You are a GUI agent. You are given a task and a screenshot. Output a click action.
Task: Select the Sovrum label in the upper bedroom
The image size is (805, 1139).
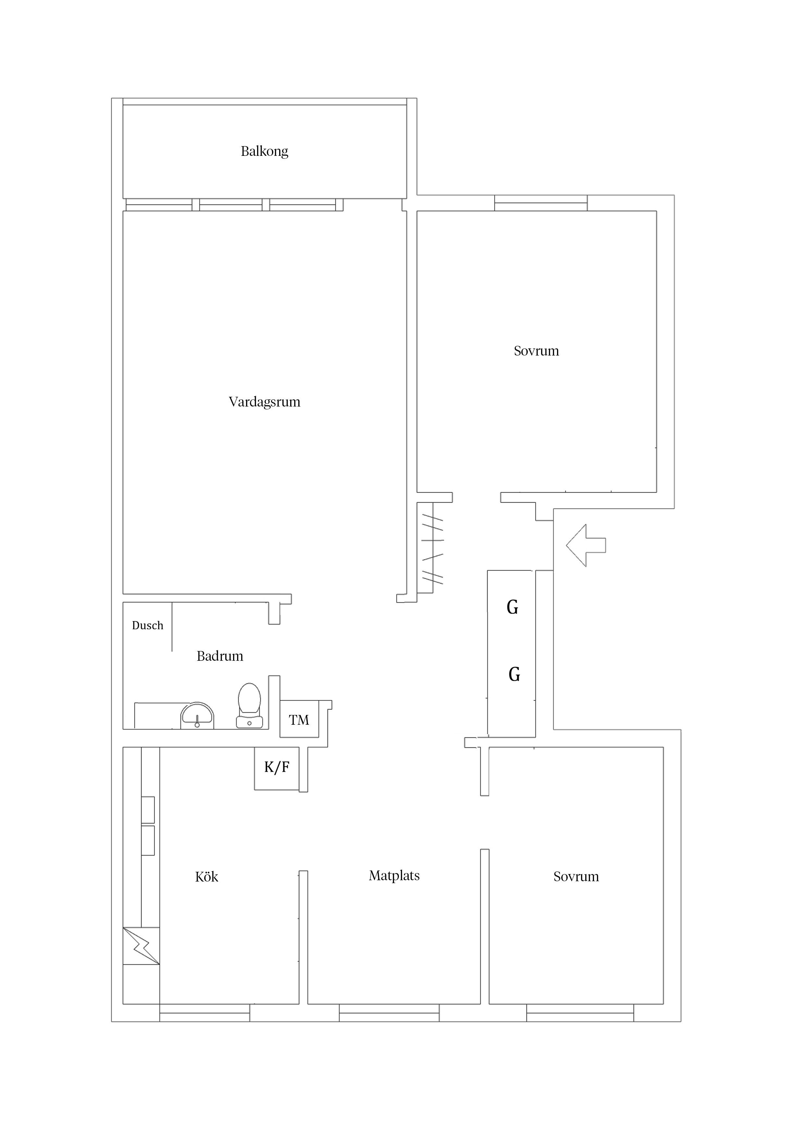(x=536, y=351)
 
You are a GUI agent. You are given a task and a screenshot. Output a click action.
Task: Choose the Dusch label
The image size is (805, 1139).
(x=147, y=626)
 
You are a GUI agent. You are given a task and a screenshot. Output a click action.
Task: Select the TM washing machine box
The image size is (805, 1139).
(x=299, y=719)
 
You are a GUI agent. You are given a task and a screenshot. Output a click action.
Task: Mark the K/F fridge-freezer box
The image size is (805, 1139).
(x=277, y=769)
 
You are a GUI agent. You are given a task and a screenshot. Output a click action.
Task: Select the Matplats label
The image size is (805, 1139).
(x=394, y=876)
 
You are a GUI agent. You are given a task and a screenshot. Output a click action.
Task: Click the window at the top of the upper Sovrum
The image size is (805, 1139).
(x=541, y=203)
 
